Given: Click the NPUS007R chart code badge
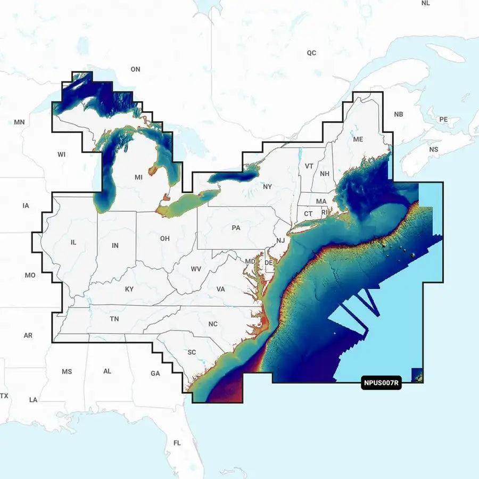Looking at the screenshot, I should pyautogui.click(x=381, y=383).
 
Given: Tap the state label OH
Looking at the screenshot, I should pyautogui.click(x=165, y=238).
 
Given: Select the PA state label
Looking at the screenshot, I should pyautogui.click(x=236, y=228).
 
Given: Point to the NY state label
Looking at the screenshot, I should pyautogui.click(x=267, y=187).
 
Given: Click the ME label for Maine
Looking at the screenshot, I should pyautogui.click(x=358, y=139).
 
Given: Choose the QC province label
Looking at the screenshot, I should pyautogui.click(x=311, y=53).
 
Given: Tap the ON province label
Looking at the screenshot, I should pyautogui.click(x=135, y=69).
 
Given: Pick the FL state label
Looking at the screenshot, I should pyautogui.click(x=177, y=443).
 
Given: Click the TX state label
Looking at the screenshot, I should pyautogui.click(x=4, y=396).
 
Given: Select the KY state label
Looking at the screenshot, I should pyautogui.click(x=129, y=289).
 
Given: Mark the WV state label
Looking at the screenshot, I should pyautogui.click(x=196, y=269).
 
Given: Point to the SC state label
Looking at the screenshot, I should pyautogui.click(x=192, y=352).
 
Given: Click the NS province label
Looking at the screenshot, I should pyautogui.click(x=434, y=150).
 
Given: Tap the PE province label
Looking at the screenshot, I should pyautogui.click(x=443, y=119).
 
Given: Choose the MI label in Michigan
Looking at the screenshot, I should pyautogui.click(x=138, y=177).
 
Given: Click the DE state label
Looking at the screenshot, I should pyautogui.click(x=269, y=263).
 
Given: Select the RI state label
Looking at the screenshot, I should pyautogui.click(x=324, y=212).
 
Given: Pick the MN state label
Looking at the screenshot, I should pyautogui.click(x=20, y=122).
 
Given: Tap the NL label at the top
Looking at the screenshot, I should pyautogui.click(x=425, y=3).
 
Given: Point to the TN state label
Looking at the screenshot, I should pyautogui.click(x=114, y=319).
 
